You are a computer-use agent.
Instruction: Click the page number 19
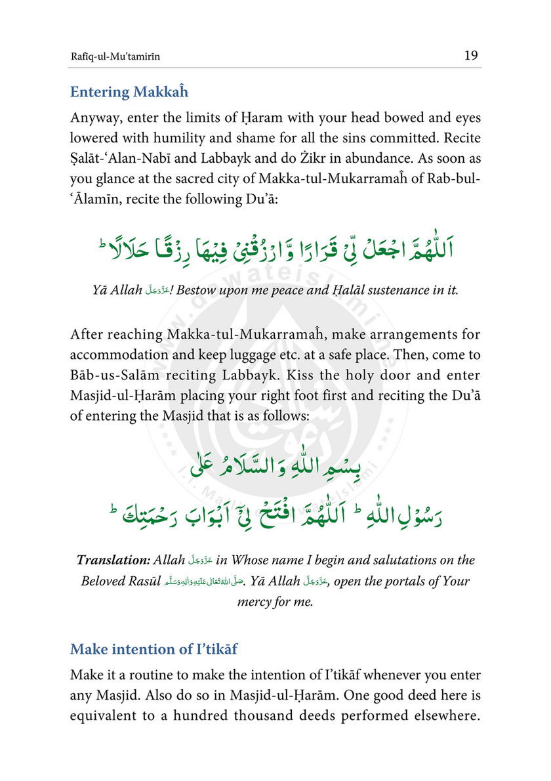pyautogui.click(x=470, y=56)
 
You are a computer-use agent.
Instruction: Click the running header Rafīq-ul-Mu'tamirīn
pyautogui.click(x=115, y=57)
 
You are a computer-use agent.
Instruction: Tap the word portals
pyautogui.click(x=389, y=582)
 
